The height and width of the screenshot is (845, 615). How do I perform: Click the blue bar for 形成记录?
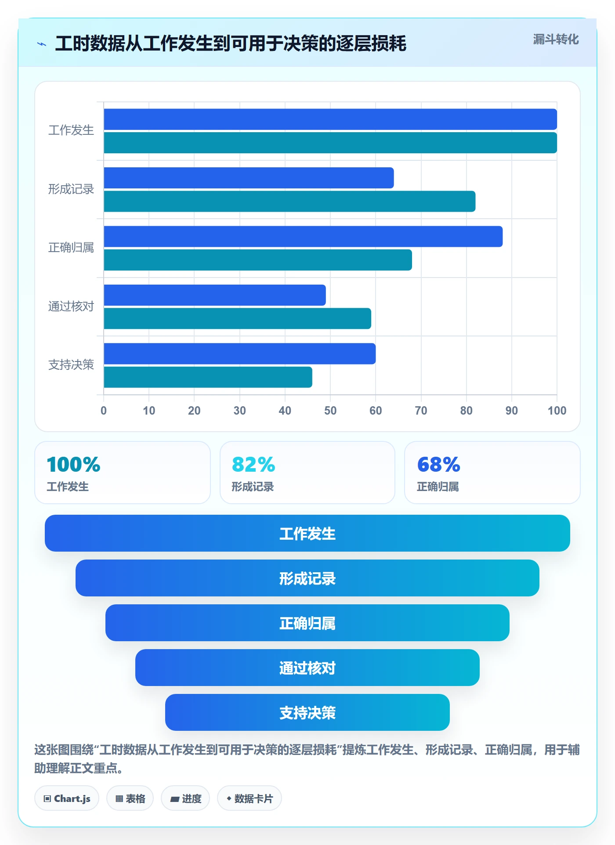(x=249, y=178)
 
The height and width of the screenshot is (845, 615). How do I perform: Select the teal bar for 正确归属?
(x=258, y=260)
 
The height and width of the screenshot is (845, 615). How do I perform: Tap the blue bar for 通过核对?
(x=215, y=295)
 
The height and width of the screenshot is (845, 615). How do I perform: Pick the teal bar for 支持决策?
(x=208, y=377)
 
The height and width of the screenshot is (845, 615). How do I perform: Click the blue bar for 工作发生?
(x=330, y=119)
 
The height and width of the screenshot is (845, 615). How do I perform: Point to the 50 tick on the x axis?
(x=330, y=411)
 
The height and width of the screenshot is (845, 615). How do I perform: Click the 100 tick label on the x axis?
(x=557, y=411)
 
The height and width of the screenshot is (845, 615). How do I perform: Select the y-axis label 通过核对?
(x=71, y=306)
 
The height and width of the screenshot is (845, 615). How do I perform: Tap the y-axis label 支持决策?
(x=71, y=365)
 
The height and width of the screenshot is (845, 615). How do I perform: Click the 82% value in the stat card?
(x=253, y=464)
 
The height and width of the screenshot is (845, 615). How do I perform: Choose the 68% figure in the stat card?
(x=438, y=464)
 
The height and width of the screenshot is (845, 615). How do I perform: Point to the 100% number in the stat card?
(x=73, y=464)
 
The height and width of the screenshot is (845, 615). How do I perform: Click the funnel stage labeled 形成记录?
(x=307, y=578)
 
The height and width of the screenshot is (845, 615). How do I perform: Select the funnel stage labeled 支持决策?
(x=307, y=712)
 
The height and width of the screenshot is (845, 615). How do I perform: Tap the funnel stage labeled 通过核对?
(x=307, y=668)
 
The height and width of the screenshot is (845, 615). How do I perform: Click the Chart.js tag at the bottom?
(x=67, y=798)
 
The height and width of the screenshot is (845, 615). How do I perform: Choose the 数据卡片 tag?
(x=250, y=798)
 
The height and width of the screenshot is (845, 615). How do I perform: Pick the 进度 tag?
(x=185, y=798)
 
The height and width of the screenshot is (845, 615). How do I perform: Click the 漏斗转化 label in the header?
(x=556, y=40)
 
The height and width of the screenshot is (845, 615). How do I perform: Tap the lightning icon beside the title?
(x=42, y=44)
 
